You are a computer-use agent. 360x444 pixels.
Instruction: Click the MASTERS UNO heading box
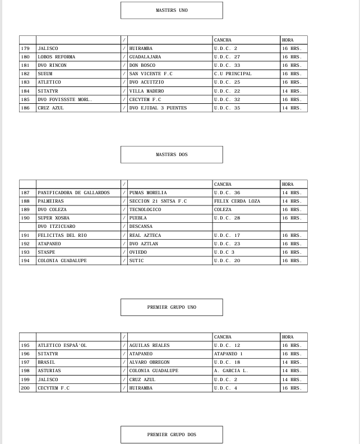[x=172, y=10]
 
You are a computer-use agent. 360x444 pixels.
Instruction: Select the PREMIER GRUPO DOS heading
[x=172, y=434]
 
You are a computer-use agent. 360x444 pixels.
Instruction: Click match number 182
[x=25, y=74]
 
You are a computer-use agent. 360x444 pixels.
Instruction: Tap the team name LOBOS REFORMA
[x=56, y=57]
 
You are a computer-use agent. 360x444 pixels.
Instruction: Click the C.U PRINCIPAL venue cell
[x=233, y=74]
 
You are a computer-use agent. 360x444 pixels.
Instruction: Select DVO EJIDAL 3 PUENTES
[x=158, y=108]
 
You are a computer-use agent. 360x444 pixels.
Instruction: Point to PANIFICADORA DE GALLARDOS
[x=73, y=193]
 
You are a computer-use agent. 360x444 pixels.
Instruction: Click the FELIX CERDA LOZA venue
[x=237, y=201]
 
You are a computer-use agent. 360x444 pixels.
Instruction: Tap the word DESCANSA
[x=141, y=226]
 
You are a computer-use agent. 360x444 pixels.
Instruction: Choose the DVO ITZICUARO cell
[x=56, y=226]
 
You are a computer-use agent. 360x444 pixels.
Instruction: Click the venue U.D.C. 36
[x=227, y=193]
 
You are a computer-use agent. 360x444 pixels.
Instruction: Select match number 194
[x=25, y=260]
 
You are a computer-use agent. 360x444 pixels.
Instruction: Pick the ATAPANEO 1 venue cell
[x=228, y=354]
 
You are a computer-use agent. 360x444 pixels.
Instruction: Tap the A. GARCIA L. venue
[x=230, y=370]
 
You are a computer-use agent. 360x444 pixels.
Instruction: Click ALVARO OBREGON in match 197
[x=149, y=362]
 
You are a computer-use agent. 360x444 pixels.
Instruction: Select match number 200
[x=25, y=388]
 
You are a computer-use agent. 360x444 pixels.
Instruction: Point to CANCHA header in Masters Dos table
[x=223, y=184]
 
